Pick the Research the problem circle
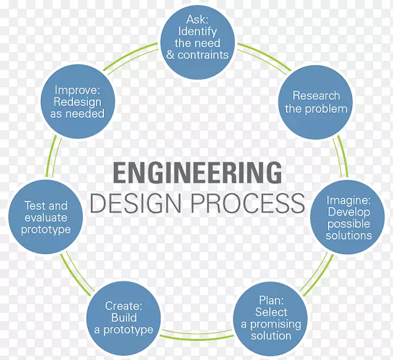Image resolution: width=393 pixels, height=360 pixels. (x=316, y=102)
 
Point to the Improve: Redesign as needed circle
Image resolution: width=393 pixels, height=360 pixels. (x=79, y=102)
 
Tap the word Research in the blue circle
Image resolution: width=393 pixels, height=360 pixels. (x=316, y=95)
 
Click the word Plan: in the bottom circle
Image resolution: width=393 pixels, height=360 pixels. (x=270, y=301)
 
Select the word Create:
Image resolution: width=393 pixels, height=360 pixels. (x=124, y=306)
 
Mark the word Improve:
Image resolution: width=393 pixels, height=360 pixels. (x=79, y=90)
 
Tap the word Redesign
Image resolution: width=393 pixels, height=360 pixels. (x=79, y=102)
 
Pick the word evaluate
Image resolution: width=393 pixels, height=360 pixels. (x=46, y=217)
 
